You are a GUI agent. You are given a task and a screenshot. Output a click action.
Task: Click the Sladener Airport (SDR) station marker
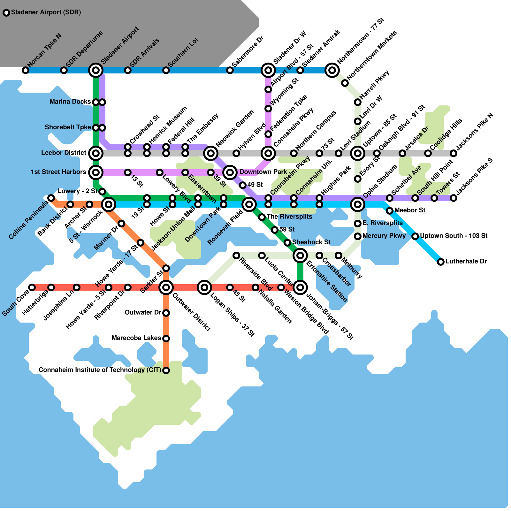pyautogui.click(x=6, y=13)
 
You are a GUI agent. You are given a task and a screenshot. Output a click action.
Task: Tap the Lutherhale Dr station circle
pyautogui.click(x=441, y=262)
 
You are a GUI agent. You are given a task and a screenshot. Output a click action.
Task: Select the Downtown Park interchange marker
pyautogui.click(x=230, y=172)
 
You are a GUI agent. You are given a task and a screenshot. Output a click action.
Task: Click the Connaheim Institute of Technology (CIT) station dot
pyautogui.click(x=166, y=370)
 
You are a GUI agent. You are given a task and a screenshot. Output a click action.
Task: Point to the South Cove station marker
pyautogui.click(x=32, y=287)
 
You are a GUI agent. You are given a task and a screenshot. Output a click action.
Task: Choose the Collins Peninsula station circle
pyautogui.click(x=51, y=198)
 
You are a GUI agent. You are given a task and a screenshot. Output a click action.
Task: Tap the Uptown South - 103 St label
pyautogui.click(x=454, y=236)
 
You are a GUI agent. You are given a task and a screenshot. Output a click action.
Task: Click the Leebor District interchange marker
pyautogui.click(x=96, y=153)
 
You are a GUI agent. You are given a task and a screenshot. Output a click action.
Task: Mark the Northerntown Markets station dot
pyautogui.click(x=345, y=83)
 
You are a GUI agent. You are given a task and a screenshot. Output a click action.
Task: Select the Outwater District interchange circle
pyautogui.click(x=166, y=287)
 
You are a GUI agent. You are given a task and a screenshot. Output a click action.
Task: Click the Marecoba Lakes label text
pyautogui.click(x=136, y=338)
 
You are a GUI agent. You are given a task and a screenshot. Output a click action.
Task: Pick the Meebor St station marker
pyautogui.click(x=390, y=211)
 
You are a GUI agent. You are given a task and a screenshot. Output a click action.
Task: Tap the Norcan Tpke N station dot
pyautogui.click(x=26, y=70)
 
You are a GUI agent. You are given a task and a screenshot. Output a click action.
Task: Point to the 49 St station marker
pyautogui.click(x=243, y=185)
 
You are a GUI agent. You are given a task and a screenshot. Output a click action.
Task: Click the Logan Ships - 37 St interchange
pyautogui.click(x=204, y=287)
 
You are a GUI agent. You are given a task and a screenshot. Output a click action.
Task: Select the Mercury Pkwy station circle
pyautogui.click(x=358, y=236)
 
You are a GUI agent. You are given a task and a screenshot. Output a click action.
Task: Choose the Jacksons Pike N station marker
pyautogui.click(x=454, y=153)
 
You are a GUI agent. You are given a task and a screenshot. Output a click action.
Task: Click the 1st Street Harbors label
pyautogui.click(x=58, y=172)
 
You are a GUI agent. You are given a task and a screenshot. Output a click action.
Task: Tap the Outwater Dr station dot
pyautogui.click(x=166, y=313)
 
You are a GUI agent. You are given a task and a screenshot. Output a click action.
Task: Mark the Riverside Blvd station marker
pyautogui.click(x=236, y=256)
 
